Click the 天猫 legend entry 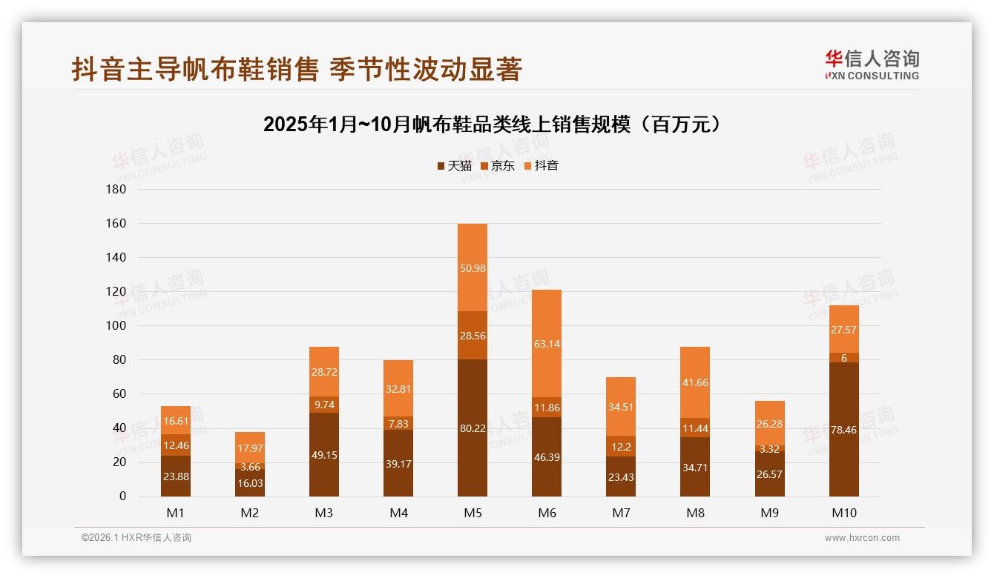tap(455, 166)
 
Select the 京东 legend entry tap(498, 166)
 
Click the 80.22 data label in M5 tap(473, 428)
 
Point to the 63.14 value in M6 tap(547, 343)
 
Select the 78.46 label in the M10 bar tap(843, 429)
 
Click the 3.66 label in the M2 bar tap(250, 466)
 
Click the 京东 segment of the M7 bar tap(621, 446)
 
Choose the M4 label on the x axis tap(398, 513)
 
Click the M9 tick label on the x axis tap(769, 513)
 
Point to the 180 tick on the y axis tap(116, 189)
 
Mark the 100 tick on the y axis tap(116, 325)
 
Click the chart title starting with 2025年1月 tap(493, 124)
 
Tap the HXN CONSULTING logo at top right tap(872, 65)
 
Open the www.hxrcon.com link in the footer tap(862, 538)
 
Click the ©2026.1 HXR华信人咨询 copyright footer tap(136, 538)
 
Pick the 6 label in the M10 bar tap(843, 358)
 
